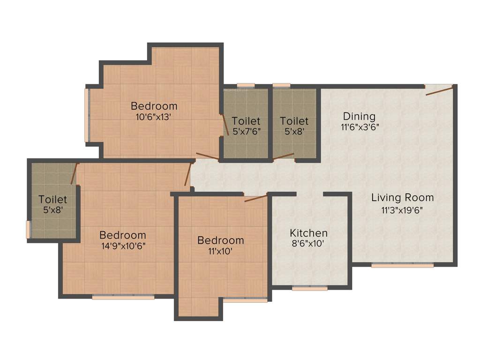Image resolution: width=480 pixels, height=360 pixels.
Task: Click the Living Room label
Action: click(x=402, y=197)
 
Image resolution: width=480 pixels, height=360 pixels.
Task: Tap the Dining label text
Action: click(x=359, y=116)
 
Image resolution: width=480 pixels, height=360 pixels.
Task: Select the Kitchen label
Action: click(x=308, y=233)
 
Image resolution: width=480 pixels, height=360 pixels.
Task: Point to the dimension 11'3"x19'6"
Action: click(x=402, y=210)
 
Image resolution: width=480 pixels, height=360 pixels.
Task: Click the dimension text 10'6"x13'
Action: click(x=154, y=117)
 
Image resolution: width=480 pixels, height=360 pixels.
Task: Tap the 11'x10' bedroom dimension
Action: click(x=221, y=251)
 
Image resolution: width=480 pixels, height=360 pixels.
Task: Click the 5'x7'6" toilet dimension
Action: click(x=246, y=132)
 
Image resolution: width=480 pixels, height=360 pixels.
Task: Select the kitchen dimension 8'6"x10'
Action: click(x=308, y=244)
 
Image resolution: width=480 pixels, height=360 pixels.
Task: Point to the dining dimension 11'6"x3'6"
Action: click(x=359, y=127)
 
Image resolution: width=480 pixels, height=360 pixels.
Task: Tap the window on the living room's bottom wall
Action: click(x=402, y=265)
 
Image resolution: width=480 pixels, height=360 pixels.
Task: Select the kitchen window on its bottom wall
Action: click(x=309, y=289)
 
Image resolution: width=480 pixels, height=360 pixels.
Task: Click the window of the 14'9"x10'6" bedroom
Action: click(x=123, y=297)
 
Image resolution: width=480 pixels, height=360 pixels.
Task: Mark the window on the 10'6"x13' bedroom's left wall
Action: click(x=86, y=115)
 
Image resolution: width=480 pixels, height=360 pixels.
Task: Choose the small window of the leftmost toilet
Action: click(x=28, y=230)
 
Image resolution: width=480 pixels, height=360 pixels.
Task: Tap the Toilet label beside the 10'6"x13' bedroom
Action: click(x=246, y=121)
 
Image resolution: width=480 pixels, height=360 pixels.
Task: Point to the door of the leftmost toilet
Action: click(x=74, y=173)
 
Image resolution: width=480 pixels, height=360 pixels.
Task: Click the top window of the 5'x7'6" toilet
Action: click(x=246, y=85)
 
